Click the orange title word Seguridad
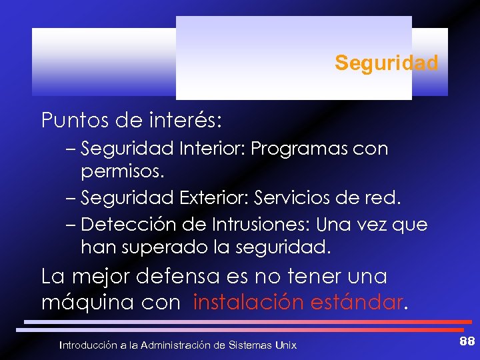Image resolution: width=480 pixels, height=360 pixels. coord(387,63)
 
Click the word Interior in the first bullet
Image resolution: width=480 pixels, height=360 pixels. coord(212,149)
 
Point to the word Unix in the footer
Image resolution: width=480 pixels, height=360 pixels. coord(285,345)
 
